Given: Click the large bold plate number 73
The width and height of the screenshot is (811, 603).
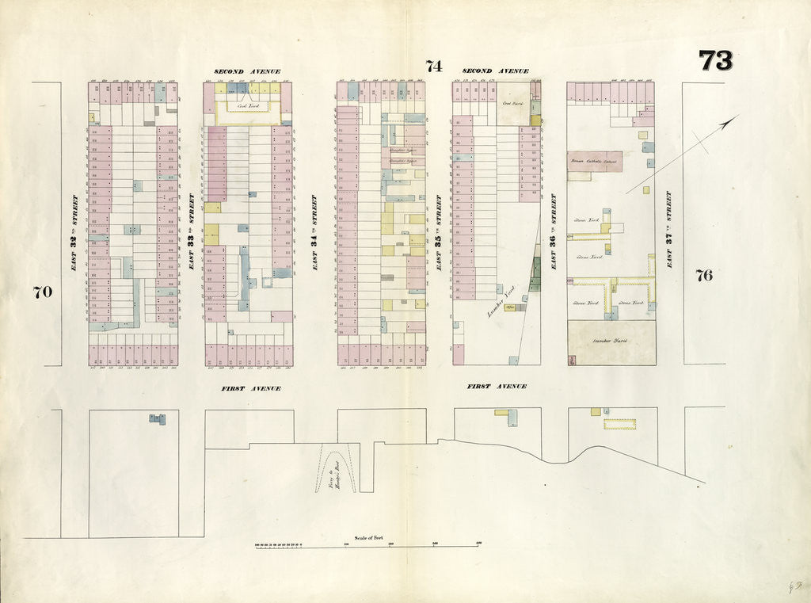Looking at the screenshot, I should pos(715,61).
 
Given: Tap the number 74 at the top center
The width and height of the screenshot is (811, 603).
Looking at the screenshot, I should pos(433,67).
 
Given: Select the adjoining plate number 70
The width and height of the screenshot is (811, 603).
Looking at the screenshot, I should pos(42,292).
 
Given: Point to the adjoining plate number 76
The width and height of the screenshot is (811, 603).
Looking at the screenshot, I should pos(703,276).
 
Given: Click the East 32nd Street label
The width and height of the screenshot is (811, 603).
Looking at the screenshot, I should pos(74,234).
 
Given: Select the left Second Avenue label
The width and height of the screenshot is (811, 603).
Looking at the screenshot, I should pos(247,71).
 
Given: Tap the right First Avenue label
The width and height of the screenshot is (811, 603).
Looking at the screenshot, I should pos(497,387).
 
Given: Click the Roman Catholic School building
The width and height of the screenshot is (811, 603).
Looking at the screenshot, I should pos(594,162).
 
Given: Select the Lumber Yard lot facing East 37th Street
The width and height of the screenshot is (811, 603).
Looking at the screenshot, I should pos(611,342).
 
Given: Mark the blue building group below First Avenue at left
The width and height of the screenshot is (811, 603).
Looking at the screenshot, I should pos(158,418).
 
